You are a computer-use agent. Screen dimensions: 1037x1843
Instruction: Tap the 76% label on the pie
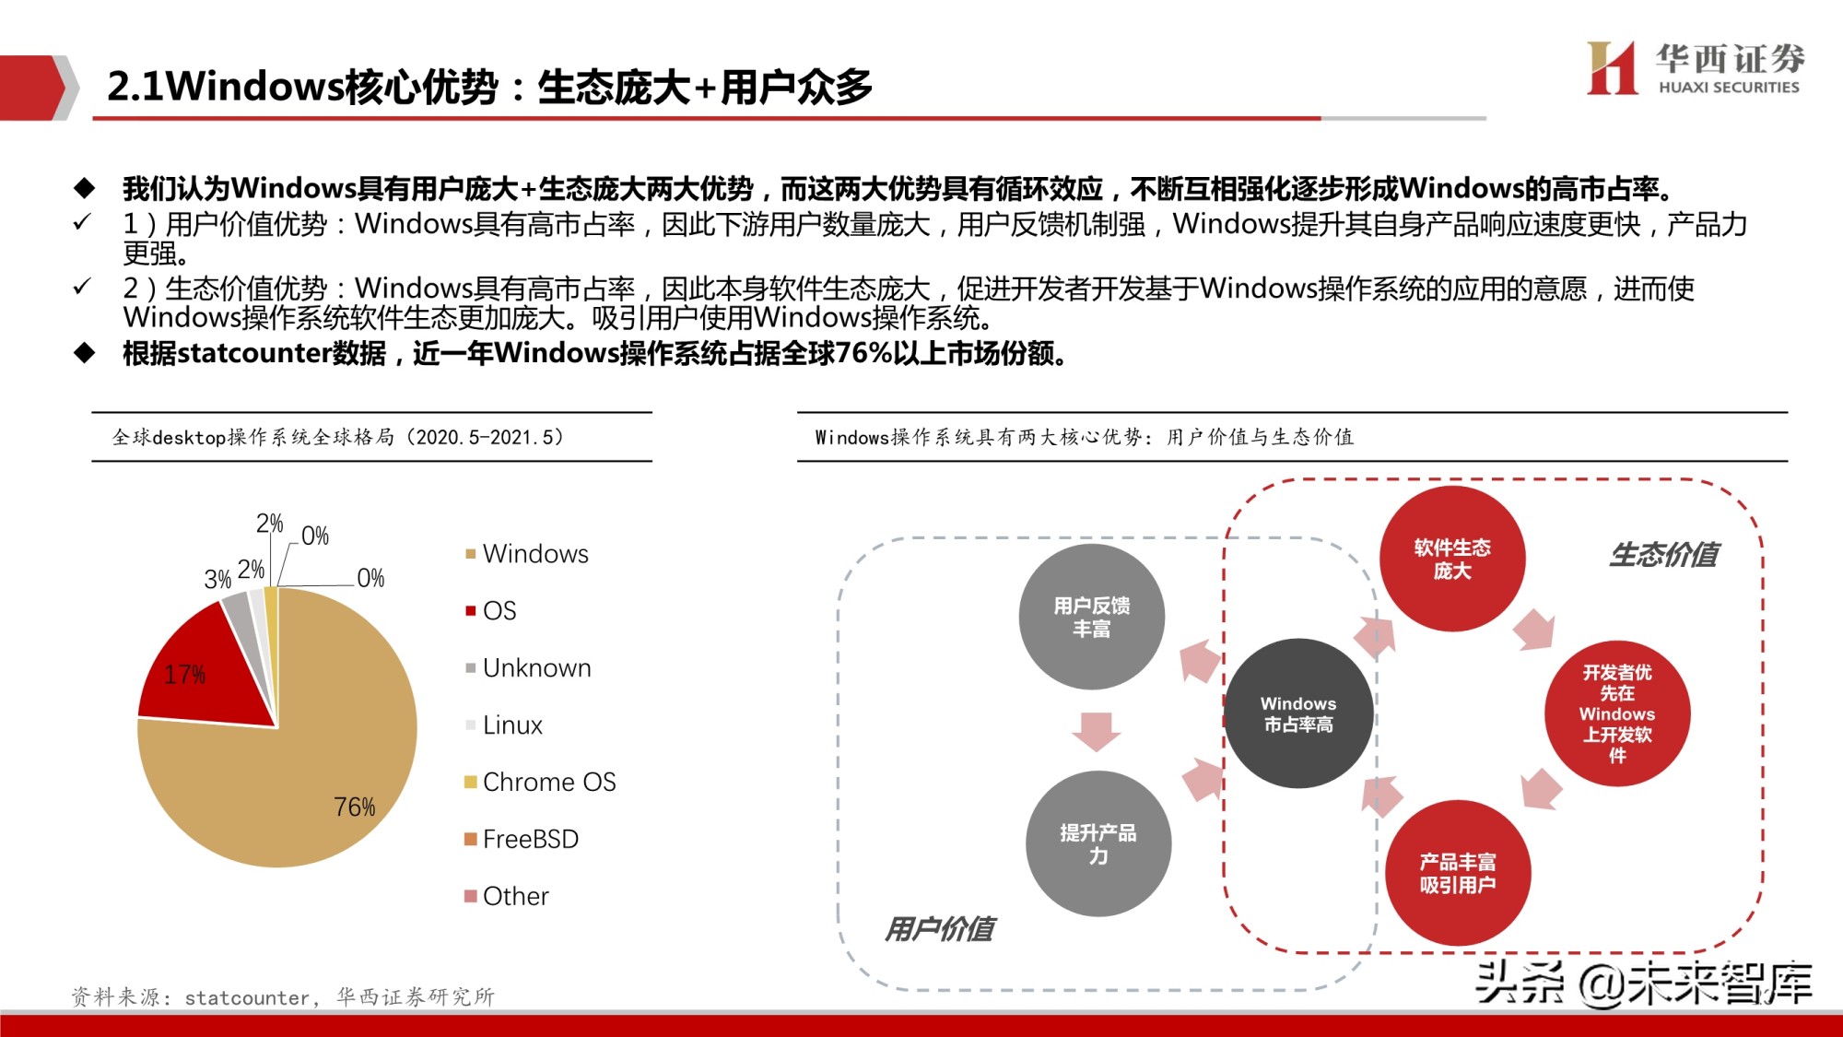(x=354, y=807)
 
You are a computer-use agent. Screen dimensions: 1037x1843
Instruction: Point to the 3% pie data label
(x=217, y=579)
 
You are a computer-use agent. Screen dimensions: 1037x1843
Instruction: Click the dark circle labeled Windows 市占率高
(x=1298, y=713)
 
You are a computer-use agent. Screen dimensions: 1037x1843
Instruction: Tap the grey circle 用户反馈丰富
(x=1091, y=617)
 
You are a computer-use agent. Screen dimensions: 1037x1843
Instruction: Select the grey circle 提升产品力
(x=1098, y=843)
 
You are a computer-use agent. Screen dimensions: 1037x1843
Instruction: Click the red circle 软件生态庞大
(x=1451, y=559)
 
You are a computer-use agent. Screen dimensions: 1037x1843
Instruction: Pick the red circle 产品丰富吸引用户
(x=1457, y=873)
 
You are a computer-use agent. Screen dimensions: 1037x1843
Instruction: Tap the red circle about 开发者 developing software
(x=1616, y=713)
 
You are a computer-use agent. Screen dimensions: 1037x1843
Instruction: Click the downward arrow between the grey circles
(x=1096, y=730)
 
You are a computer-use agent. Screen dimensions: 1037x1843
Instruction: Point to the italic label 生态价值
(x=1664, y=555)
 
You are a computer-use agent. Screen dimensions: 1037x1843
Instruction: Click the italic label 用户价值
(x=939, y=929)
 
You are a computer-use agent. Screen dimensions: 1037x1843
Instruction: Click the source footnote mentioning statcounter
(x=283, y=996)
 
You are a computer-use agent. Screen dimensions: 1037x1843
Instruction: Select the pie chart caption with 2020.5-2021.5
(x=337, y=437)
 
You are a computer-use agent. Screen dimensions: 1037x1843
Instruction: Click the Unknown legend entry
(x=536, y=668)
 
